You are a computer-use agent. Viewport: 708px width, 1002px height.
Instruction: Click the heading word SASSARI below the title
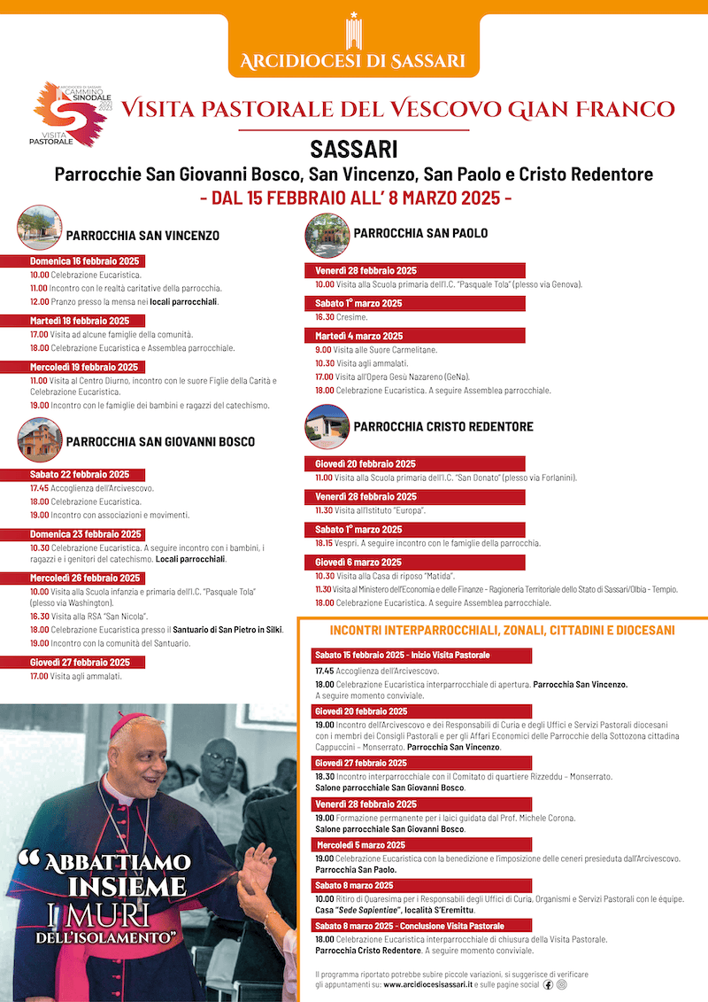353,148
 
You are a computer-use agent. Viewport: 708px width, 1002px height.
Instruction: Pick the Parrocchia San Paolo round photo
327,235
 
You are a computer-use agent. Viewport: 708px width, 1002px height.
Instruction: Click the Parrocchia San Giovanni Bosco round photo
39,439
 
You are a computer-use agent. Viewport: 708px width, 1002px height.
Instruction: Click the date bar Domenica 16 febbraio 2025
85,261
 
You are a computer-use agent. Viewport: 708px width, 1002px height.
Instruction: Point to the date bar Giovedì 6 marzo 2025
358,562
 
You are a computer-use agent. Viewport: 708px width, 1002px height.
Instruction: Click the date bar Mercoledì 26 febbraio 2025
85,578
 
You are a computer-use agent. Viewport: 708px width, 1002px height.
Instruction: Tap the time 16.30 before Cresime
324,316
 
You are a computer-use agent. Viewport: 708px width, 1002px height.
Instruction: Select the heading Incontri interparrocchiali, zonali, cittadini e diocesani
502,631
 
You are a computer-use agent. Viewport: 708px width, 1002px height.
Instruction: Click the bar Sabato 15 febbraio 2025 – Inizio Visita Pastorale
401,655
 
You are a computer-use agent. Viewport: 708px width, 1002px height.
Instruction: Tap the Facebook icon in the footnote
549,984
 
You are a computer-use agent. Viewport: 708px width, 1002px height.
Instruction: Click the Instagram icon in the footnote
561,984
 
